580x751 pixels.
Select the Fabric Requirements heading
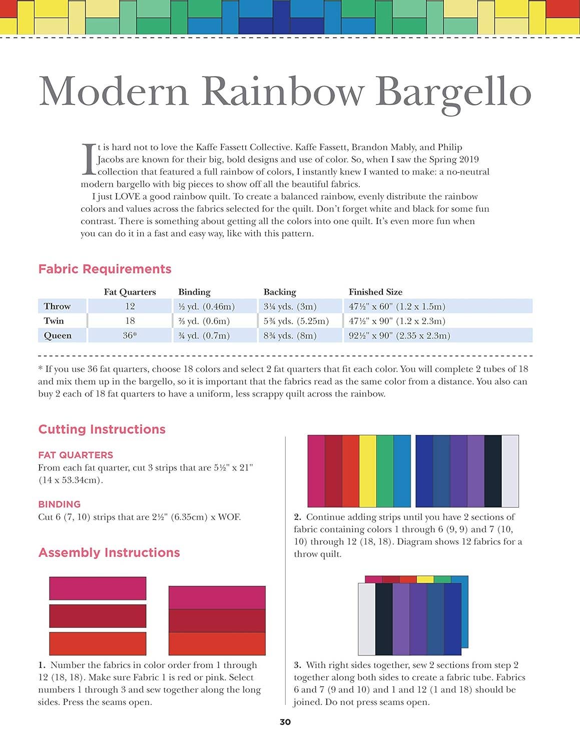click(x=105, y=269)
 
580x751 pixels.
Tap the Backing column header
click(x=280, y=292)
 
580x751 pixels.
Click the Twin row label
click(x=54, y=321)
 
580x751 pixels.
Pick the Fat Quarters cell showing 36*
click(x=130, y=335)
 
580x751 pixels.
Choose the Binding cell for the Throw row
click(x=206, y=306)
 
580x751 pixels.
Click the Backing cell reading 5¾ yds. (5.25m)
click(x=296, y=321)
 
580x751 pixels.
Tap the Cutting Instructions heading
click(x=102, y=429)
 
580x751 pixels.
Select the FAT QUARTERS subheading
click(x=76, y=455)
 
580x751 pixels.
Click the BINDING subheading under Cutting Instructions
click(x=59, y=504)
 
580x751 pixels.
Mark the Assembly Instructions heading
click(x=109, y=553)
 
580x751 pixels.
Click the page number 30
click(x=285, y=722)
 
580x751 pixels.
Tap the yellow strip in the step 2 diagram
click(x=368, y=471)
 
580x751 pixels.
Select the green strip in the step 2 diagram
click(x=385, y=471)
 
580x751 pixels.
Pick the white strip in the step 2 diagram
click(x=510, y=471)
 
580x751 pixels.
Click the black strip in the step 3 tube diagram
click(x=384, y=619)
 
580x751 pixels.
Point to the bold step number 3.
click(x=297, y=665)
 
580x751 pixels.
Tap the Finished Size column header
click(x=375, y=292)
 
